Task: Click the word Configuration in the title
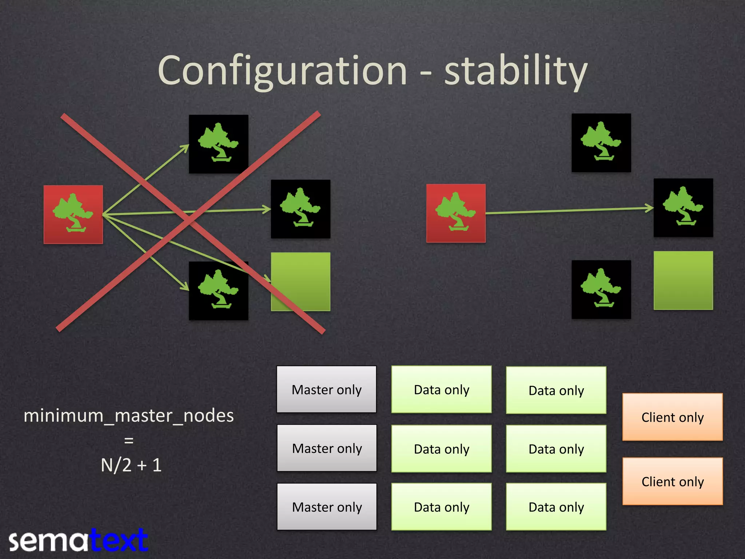282,71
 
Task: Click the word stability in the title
515,71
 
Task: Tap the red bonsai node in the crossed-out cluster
73,214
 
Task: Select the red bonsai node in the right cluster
456,213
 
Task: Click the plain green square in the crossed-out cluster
300,281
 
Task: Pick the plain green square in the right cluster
683,280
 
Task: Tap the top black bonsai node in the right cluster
601,143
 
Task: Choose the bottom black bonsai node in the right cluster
601,289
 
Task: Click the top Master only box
327,389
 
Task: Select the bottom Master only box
327,507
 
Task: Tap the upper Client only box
673,417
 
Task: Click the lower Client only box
673,481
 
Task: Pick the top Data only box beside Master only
441,389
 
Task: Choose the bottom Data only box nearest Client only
556,507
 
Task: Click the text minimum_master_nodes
128,416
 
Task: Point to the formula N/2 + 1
131,465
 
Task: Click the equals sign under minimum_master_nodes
129,440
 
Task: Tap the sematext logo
78,541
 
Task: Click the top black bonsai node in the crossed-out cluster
218,144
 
